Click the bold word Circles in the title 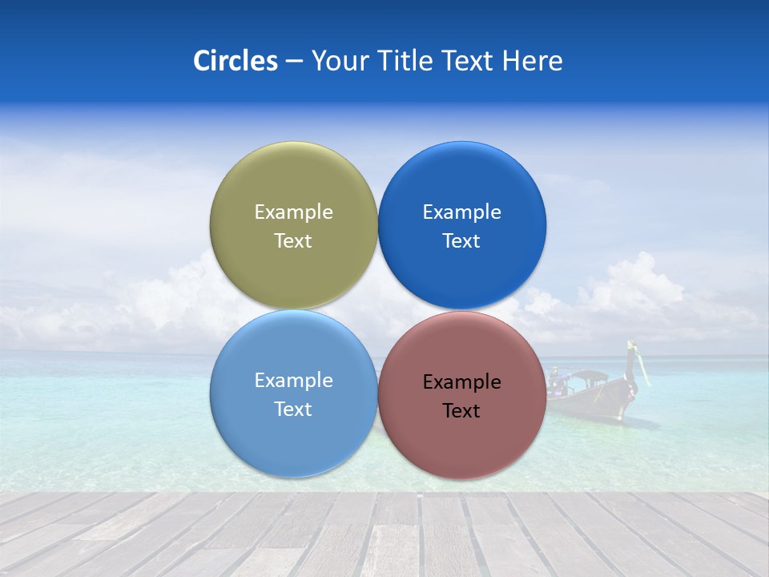coord(235,61)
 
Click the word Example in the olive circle coord(293,212)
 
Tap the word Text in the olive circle coord(293,241)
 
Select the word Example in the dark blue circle coord(462,212)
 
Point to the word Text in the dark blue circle coord(462,241)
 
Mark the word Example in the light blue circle coord(293,381)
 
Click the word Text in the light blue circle coord(293,410)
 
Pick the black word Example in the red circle coord(462,382)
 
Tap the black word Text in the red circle coord(462,411)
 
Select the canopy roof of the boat coord(590,374)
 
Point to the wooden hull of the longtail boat coord(597,401)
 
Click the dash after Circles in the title coord(294,62)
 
